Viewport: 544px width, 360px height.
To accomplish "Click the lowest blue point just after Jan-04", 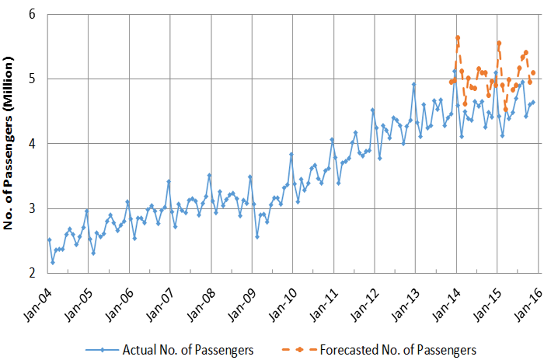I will point(53,262).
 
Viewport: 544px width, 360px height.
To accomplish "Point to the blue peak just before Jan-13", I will point(414,84).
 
